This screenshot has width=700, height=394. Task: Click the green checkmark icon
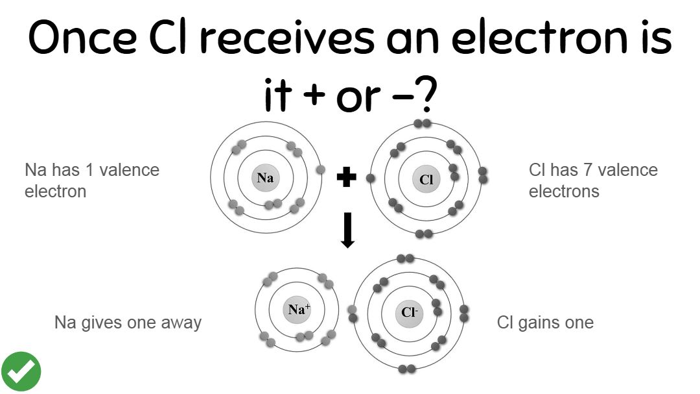21,372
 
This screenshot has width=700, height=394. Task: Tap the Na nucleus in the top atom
264,179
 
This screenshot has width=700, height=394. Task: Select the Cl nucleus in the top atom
426,180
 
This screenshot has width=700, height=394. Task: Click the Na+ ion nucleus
296,310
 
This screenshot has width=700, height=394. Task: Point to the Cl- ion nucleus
408,313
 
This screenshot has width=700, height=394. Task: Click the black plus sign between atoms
347,177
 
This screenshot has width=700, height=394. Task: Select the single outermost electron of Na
320,170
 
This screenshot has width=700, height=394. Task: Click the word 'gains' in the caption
541,323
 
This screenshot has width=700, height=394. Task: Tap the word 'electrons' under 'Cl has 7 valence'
564,191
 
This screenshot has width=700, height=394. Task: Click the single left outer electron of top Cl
371,177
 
